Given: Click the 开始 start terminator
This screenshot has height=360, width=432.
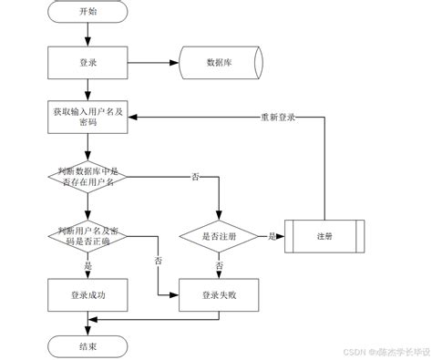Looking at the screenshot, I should [x=87, y=13].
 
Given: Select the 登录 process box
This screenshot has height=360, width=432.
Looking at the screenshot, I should [x=87, y=64].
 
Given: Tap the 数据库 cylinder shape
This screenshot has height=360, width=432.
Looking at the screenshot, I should [x=219, y=64].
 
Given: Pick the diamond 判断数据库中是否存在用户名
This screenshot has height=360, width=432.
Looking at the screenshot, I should [x=87, y=175].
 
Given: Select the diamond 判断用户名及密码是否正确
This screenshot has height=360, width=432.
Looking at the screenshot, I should [x=87, y=235].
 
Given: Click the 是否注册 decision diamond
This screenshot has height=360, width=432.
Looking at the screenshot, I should [x=219, y=235].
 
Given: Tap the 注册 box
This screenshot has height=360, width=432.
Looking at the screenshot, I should [x=324, y=235].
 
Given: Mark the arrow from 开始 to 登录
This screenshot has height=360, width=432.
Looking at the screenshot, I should [x=87, y=34].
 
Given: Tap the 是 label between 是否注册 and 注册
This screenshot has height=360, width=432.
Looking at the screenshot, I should [x=271, y=235].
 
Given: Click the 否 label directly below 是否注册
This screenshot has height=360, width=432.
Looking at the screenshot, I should [x=219, y=265].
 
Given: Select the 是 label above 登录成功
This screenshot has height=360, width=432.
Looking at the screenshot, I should [x=87, y=265].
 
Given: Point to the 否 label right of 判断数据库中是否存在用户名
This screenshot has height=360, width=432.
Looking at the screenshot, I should [x=194, y=175].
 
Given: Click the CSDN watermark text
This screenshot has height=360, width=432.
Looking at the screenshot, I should [x=369, y=349].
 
